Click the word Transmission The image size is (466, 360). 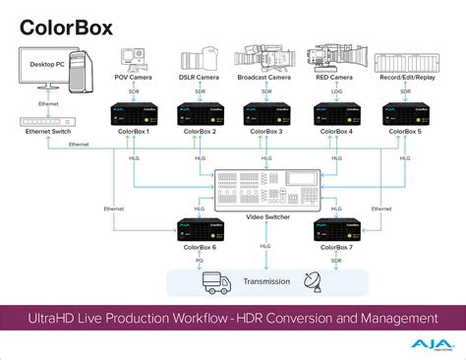(265, 281)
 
